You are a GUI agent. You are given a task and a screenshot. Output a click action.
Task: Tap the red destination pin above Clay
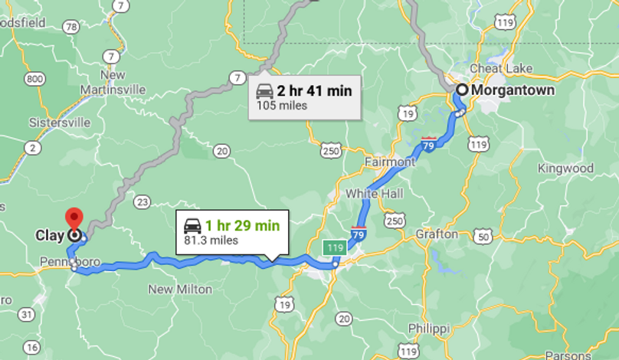(x=74, y=218)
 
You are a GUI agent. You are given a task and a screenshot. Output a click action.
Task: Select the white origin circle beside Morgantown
(x=462, y=90)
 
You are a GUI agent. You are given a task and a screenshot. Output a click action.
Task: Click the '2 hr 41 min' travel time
(x=314, y=91)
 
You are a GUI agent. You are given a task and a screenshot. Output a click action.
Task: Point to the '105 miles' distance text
(x=281, y=106)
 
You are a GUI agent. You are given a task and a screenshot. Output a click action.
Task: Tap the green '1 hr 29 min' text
(x=242, y=225)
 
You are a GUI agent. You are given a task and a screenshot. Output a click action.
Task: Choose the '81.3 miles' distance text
(x=211, y=240)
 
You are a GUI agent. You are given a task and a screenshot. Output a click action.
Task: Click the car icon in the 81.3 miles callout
(x=193, y=226)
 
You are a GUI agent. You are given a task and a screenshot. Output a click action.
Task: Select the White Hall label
(x=375, y=194)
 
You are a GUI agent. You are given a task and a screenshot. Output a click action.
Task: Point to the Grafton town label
(x=437, y=234)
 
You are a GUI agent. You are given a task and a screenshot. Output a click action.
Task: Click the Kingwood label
(x=565, y=168)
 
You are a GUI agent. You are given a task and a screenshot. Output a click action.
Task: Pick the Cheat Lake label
(x=496, y=68)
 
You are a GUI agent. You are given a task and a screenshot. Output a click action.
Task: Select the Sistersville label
(x=59, y=123)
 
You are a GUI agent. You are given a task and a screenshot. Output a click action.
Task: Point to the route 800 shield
(x=34, y=79)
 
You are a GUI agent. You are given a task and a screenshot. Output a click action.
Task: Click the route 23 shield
(x=142, y=201)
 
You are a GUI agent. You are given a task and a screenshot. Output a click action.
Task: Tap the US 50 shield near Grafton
(x=483, y=235)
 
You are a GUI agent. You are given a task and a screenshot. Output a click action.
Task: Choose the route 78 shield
(x=71, y=27)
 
